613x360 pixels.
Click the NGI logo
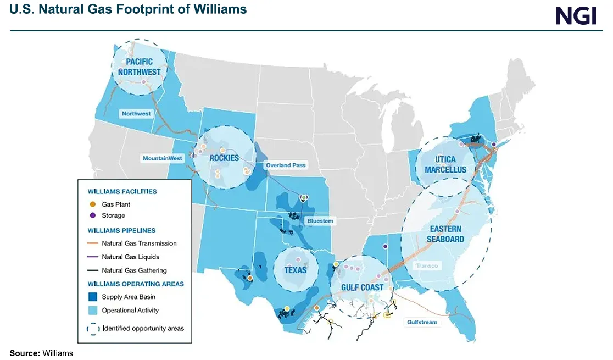click(576, 15)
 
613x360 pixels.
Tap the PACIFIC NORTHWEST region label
click(140, 67)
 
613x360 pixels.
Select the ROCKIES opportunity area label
click(224, 158)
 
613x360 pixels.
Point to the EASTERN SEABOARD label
click(445, 234)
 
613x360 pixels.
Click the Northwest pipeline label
click(136, 113)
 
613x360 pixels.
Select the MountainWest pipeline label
click(162, 158)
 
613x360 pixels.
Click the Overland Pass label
click(285, 165)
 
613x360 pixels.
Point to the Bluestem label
click(319, 221)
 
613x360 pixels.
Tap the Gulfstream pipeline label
click(422, 322)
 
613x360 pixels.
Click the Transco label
click(427, 266)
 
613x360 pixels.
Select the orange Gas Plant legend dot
click(92, 204)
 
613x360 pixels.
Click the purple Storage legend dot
click(92, 215)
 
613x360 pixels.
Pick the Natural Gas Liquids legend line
click(92, 257)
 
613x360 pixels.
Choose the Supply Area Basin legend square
click(92, 297)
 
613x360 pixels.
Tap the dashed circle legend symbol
click(92, 329)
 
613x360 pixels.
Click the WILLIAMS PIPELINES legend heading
click(121, 231)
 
